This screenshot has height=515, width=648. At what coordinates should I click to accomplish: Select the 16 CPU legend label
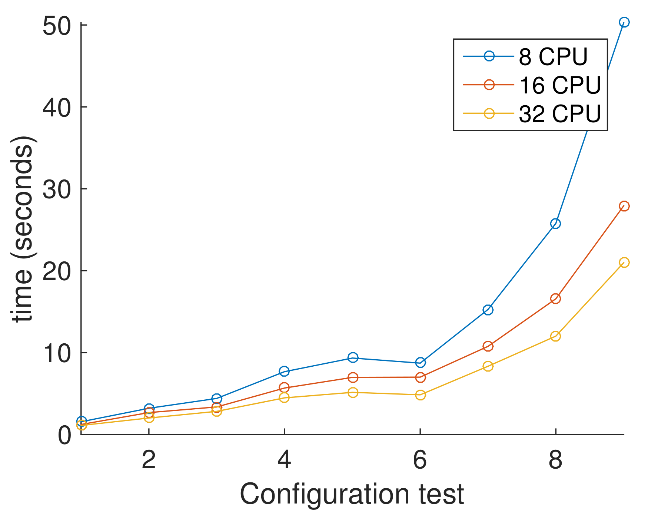559,85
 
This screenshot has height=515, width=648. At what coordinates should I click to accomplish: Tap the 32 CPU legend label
559,114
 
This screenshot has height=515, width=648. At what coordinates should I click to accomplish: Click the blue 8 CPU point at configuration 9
624,23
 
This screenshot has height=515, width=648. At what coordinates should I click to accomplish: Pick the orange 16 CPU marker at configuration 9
624,206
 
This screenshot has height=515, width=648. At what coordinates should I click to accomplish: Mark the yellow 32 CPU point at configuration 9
624,263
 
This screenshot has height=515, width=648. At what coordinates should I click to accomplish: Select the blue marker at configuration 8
555,224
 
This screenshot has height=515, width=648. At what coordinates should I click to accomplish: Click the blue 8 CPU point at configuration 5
353,357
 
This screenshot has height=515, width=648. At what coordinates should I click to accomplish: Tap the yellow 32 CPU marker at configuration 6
420,395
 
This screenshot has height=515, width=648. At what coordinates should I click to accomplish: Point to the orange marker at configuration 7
488,346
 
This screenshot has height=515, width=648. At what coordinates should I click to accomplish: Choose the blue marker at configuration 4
284,371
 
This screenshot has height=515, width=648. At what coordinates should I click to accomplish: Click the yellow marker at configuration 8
555,336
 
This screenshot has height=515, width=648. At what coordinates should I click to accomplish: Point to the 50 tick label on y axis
56,27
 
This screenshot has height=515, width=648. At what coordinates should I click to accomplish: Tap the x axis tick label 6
420,460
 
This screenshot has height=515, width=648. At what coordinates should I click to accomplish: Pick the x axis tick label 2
149,460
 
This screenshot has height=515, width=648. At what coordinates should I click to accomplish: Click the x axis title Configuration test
352,494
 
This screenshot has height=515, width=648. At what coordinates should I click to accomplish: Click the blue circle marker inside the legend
489,56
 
